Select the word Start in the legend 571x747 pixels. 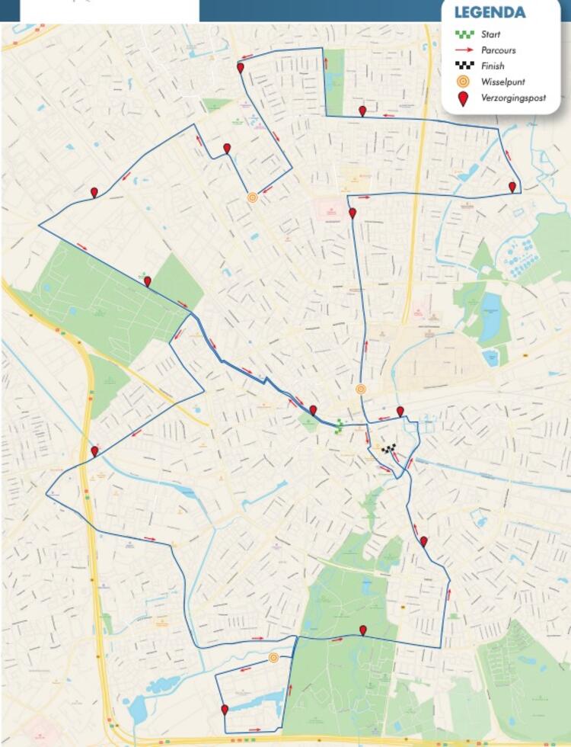pyautogui.click(x=491, y=34)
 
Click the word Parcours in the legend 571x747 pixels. pyautogui.click(x=499, y=50)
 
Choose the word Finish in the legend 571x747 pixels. pyautogui.click(x=493, y=66)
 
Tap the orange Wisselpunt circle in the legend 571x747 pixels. pyautogui.click(x=463, y=82)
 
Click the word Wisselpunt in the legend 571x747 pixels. pyautogui.click(x=503, y=82)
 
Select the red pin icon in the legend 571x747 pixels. pyautogui.click(x=463, y=98)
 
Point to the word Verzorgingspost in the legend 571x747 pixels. pyautogui.click(x=514, y=98)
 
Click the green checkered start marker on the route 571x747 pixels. pyautogui.click(x=339, y=426)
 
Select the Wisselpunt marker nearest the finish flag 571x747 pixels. pyautogui.click(x=361, y=389)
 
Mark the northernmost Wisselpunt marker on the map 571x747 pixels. pyautogui.click(x=253, y=197)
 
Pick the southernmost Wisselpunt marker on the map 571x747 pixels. pyautogui.click(x=273, y=658)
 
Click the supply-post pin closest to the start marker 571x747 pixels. pyautogui.click(x=313, y=410)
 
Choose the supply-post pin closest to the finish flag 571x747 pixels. pyautogui.click(x=400, y=412)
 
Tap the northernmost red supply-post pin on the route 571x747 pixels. pyautogui.click(x=241, y=68)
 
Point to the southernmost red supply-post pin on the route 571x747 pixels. pyautogui.click(x=225, y=710)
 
